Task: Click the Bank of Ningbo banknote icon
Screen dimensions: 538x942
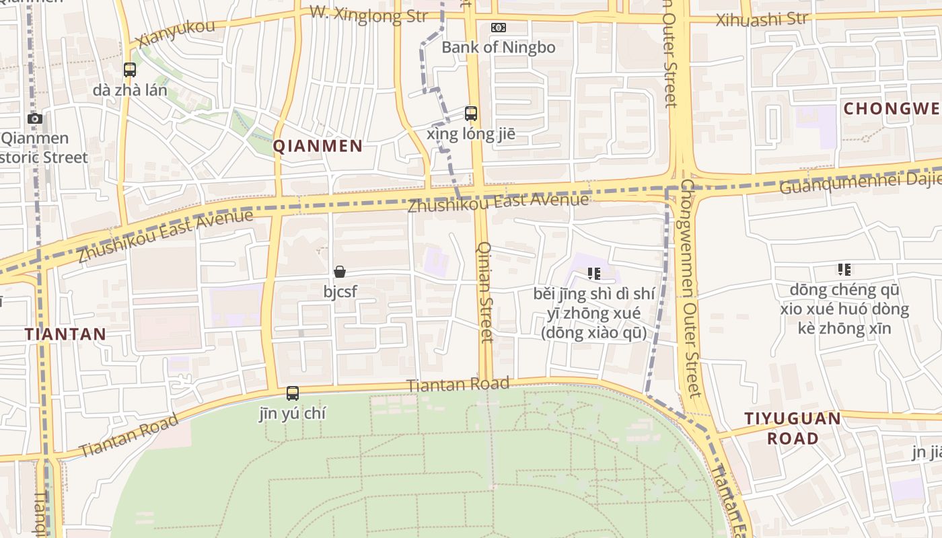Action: (499, 28)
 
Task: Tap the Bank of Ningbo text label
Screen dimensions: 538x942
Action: (499, 47)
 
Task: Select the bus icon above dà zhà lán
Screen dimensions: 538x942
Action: (130, 69)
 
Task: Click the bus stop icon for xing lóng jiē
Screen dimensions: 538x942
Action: (471, 114)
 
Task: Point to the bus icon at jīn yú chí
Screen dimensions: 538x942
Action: (293, 393)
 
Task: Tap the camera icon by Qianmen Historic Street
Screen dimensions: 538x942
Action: (35, 119)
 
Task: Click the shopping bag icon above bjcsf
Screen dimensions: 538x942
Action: (340, 272)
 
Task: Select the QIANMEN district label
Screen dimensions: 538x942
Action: (318, 146)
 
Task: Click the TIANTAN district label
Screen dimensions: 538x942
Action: (65, 334)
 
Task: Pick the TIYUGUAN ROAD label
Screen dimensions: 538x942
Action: (793, 428)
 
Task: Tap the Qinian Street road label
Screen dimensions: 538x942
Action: (485, 293)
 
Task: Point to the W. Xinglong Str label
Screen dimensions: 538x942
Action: (369, 15)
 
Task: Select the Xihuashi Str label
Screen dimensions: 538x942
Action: (761, 20)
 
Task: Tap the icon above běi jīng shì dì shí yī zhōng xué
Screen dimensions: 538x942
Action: (593, 273)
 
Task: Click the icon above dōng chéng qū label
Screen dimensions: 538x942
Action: (844, 270)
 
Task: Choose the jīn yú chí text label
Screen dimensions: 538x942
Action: (293, 414)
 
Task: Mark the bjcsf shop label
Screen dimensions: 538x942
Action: (340, 292)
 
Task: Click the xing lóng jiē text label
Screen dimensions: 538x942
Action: (471, 134)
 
